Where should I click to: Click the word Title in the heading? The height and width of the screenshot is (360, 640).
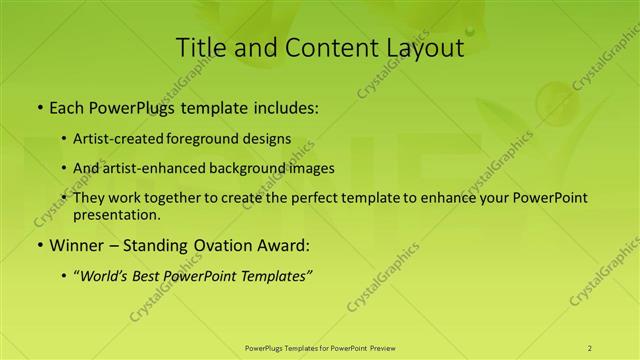[198, 47]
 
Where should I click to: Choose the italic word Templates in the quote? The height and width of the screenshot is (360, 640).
[275, 275]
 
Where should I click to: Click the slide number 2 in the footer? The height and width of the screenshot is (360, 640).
[589, 347]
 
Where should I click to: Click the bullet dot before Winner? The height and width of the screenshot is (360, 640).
[38, 245]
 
